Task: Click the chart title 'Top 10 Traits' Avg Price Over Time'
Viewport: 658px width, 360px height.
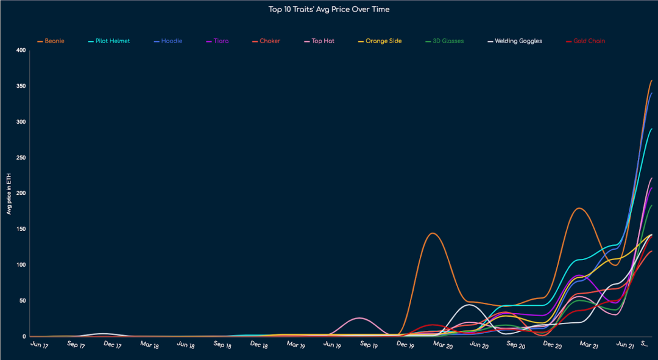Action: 329,9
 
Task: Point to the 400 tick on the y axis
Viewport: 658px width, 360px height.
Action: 21,51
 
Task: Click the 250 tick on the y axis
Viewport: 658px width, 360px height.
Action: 21,158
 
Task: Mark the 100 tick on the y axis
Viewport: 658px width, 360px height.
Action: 21,265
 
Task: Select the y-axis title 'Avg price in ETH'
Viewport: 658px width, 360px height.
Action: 9,193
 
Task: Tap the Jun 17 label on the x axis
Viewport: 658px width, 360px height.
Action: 39,345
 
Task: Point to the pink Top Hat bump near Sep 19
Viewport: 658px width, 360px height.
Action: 359,318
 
